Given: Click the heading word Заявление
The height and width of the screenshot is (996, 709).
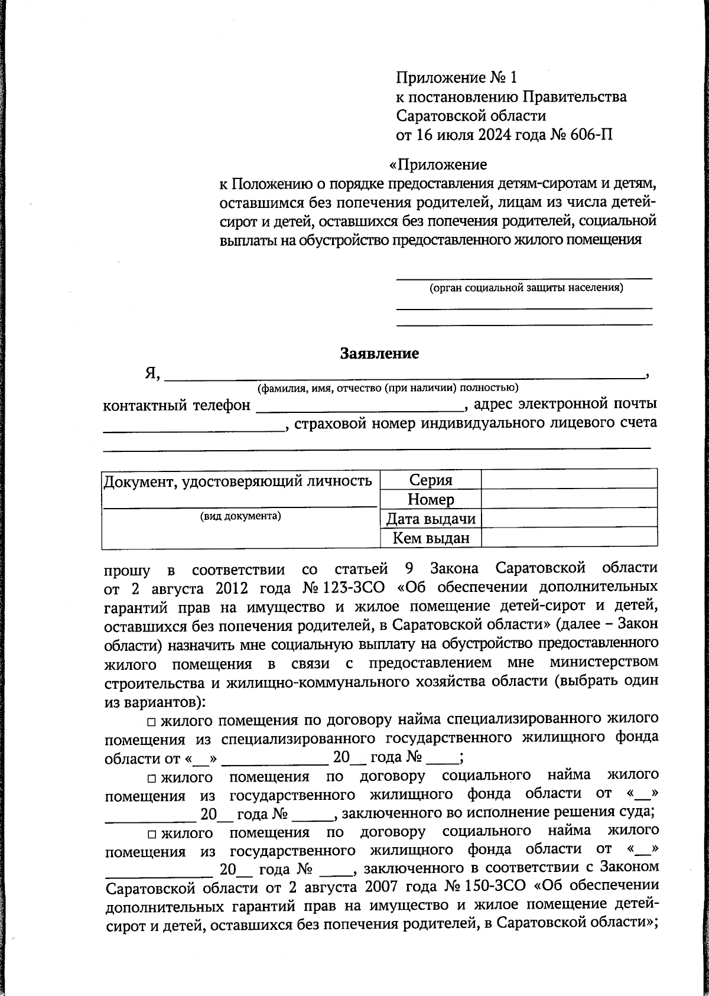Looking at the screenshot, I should pos(379,353).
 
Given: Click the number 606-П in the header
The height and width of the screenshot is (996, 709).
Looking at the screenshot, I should pos(591,135).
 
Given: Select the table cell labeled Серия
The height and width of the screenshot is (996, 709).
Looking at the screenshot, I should pos(431,480).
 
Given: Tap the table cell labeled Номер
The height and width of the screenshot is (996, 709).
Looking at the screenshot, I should pos(431,500).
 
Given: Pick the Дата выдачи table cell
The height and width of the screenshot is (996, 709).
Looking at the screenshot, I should pos(431,519).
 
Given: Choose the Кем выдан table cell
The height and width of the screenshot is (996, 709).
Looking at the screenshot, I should pos(431,538).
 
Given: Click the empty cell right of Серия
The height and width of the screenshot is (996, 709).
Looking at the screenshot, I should pos(569,480).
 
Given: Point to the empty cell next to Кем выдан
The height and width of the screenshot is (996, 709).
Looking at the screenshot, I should pos(569,538).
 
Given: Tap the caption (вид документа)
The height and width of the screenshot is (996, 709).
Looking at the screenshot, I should pos(240,516).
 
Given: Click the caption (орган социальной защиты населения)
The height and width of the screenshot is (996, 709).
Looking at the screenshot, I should pos(525,288).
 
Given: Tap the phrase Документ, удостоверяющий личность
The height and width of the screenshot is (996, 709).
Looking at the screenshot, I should pos(238,481).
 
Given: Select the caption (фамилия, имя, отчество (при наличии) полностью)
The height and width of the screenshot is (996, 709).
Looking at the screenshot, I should pos(387,388).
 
